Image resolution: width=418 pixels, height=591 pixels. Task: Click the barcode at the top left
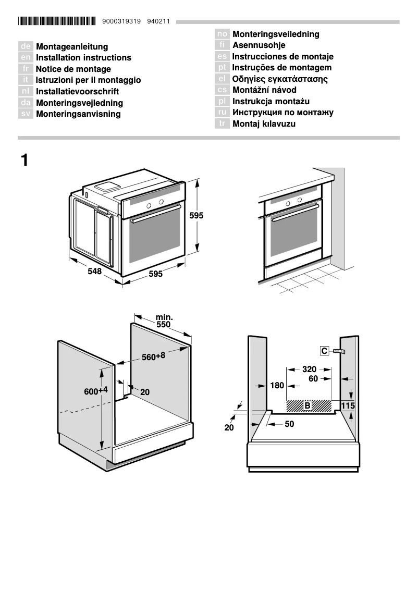point(56,22)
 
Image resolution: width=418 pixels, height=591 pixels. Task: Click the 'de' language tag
point(26,47)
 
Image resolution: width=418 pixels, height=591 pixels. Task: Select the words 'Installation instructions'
point(83,58)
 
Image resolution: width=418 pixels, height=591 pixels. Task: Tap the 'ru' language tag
point(223,113)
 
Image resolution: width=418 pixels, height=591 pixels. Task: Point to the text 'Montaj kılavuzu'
point(264,124)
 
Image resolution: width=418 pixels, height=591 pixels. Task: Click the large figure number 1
point(24,160)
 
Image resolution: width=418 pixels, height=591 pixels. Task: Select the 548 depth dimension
point(94,272)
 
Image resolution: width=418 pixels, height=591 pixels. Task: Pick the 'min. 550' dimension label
point(164,321)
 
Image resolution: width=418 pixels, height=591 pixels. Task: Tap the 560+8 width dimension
point(153,356)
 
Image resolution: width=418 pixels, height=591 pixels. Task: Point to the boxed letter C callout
point(324,351)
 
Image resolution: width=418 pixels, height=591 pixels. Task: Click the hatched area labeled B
point(308,405)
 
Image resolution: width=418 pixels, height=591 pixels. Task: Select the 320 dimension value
point(310,369)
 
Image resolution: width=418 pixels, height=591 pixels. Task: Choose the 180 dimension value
point(277,386)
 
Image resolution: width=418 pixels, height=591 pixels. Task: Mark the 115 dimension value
point(348,405)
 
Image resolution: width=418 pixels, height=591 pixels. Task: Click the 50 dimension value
point(289,424)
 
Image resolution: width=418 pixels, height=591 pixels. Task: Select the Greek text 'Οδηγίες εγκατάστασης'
point(280,79)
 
